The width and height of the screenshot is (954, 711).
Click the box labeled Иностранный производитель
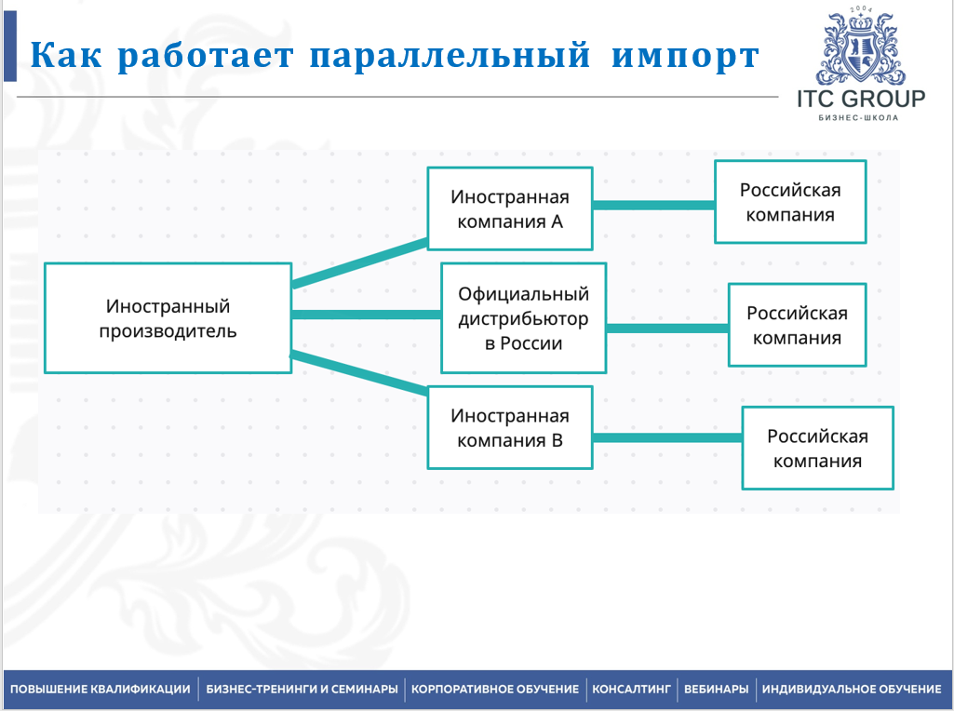[x=168, y=318]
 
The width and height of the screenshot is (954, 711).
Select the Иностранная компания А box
[x=509, y=209]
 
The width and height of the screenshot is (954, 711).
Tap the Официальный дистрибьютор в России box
[x=523, y=318]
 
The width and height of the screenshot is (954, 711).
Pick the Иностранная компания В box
[x=509, y=428]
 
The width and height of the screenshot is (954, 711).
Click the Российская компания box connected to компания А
[x=790, y=202]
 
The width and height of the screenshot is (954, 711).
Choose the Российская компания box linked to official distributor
[x=797, y=325]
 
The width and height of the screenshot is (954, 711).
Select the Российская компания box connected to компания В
[x=817, y=449]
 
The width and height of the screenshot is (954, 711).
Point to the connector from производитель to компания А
[x=359, y=262]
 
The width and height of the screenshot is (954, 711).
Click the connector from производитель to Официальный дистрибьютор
[x=366, y=315]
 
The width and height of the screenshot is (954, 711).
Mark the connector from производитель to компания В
[x=359, y=371]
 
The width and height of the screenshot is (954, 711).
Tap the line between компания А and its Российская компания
[x=653, y=205]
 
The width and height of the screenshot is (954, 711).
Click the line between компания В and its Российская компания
[x=666, y=437]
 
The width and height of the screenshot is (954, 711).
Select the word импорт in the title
[x=686, y=56]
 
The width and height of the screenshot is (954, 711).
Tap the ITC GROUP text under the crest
[x=860, y=99]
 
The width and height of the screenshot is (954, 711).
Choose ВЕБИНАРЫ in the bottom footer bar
[x=716, y=690]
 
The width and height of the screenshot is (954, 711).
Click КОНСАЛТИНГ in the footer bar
[x=631, y=690]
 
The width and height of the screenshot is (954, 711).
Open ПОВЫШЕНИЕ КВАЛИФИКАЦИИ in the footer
[x=101, y=690]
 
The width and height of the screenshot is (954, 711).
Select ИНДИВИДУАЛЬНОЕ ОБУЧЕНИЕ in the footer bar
[x=851, y=690]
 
